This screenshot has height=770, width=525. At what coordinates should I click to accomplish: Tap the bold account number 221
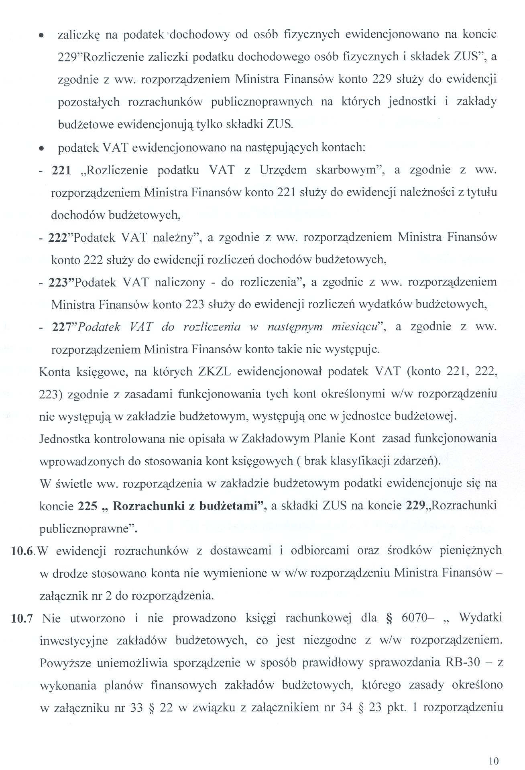61,170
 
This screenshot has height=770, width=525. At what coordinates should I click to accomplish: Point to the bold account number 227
61,327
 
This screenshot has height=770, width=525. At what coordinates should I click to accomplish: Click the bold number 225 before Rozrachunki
87,506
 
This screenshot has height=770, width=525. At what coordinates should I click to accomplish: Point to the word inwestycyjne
73,640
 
